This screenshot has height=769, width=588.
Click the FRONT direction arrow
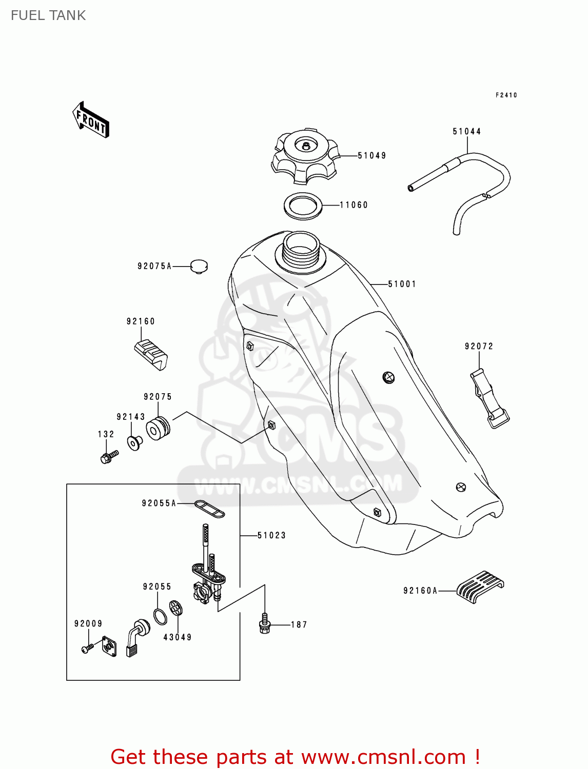(x=91, y=119)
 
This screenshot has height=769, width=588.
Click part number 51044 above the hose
(x=466, y=132)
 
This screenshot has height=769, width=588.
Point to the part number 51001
(x=402, y=284)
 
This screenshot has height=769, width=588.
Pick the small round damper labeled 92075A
(x=199, y=266)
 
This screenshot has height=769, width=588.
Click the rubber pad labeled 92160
(x=151, y=354)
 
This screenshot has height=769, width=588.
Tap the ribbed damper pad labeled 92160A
(x=480, y=585)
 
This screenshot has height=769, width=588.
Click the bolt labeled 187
(x=265, y=623)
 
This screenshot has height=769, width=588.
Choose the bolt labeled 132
(x=109, y=456)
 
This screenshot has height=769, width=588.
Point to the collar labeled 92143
(x=135, y=442)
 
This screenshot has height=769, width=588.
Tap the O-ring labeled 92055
(x=160, y=616)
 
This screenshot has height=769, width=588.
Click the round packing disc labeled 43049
(x=176, y=608)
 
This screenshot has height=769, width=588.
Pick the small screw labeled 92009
(x=87, y=649)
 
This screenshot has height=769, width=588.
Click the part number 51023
(x=271, y=536)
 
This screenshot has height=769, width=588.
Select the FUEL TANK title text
(x=48, y=15)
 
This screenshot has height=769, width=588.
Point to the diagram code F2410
(x=506, y=95)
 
